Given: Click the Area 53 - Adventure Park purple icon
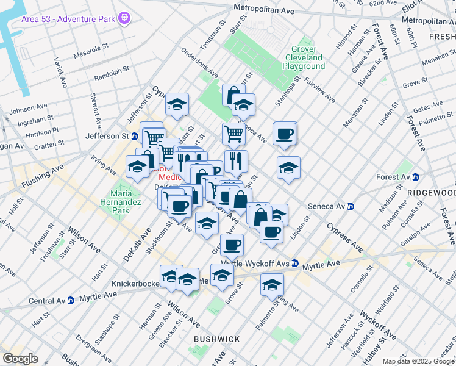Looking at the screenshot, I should tap(125, 18).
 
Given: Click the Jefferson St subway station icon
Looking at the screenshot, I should tap(134, 136).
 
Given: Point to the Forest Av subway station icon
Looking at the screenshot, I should tap(415, 178).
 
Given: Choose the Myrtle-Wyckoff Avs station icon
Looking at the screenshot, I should tap(295, 264).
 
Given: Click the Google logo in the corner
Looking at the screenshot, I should tap(20, 359).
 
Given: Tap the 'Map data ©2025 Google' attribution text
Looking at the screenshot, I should tap(418, 361).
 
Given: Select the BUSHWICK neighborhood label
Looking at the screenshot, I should tap(216, 339).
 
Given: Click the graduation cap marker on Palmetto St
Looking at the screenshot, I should tap(272, 284).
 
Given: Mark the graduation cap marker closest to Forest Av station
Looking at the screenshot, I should tap(288, 168).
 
